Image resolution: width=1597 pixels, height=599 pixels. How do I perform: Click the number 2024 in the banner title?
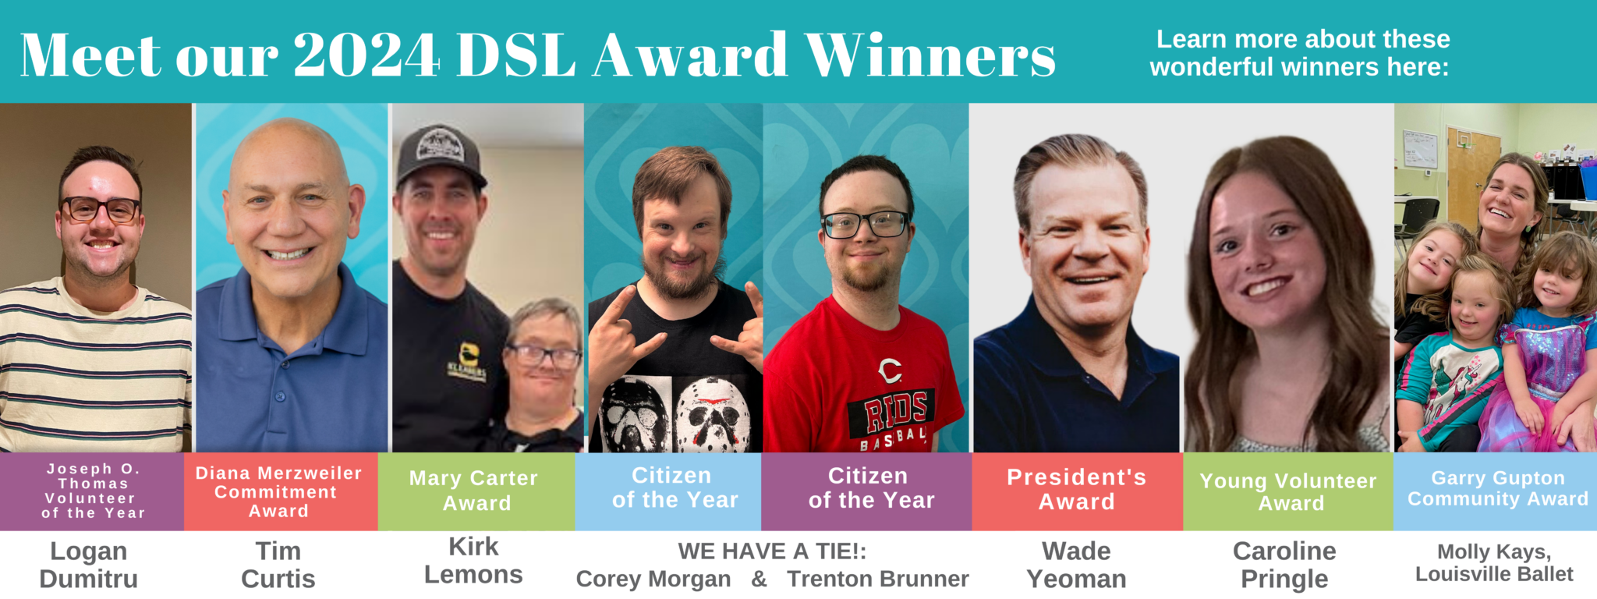coord(366,55)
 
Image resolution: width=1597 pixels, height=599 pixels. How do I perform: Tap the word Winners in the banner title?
coord(930,55)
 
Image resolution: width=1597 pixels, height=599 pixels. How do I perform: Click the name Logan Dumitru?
coord(89,565)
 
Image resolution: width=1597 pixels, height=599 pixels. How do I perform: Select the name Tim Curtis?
coord(278,565)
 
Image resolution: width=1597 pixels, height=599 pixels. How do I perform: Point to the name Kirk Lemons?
coord(473,560)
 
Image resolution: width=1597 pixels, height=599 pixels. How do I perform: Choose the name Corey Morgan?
coord(653,580)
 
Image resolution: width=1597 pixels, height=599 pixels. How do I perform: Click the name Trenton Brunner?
coord(878,579)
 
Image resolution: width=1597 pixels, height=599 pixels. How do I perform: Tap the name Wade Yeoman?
coord(1077,565)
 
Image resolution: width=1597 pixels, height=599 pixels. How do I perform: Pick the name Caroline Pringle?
coord(1284,565)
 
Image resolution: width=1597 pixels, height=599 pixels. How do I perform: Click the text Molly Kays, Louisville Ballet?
coord(1494,563)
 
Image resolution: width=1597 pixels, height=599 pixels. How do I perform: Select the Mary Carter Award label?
coord(474,491)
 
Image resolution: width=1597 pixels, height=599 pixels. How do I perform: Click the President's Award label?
coord(1077,489)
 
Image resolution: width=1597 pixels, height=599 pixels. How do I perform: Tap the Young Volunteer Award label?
coord(1288,492)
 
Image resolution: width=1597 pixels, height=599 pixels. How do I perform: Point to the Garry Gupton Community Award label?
coord(1498,488)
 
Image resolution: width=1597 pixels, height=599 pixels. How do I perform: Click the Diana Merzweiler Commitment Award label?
coord(278,492)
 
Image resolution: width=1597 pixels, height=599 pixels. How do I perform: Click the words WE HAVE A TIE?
coord(772,551)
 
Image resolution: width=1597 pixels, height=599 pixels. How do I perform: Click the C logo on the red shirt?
coord(890,370)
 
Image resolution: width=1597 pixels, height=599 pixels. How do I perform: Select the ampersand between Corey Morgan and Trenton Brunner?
coord(760,580)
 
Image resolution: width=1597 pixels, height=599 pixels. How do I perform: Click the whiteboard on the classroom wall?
coord(1420,149)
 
